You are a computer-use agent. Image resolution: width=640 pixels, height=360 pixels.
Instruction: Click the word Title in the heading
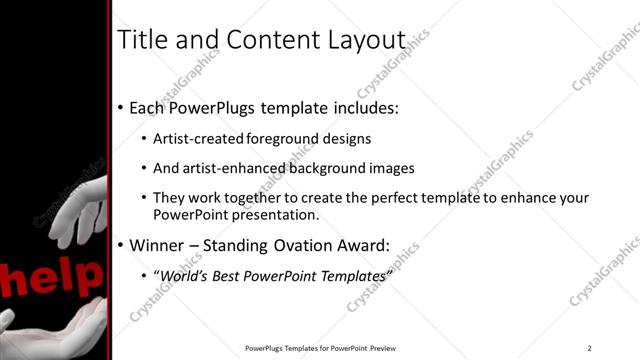tap(142, 40)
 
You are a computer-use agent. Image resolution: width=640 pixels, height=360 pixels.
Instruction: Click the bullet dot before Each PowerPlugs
tap(122, 107)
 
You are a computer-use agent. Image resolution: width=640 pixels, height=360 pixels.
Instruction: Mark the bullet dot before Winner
tap(122, 245)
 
